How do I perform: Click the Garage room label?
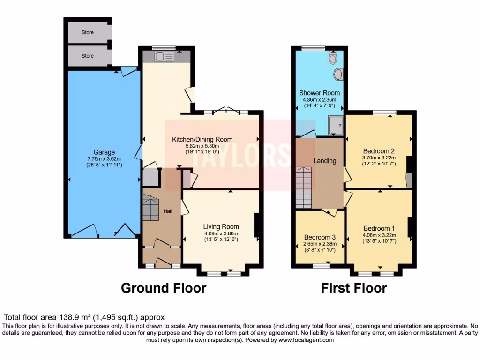tap(104, 152)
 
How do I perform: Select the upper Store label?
tap(88, 32)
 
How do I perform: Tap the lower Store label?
tap(88, 56)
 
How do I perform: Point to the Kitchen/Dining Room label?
tap(202, 139)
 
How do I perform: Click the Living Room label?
tap(221, 226)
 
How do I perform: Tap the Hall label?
tap(167, 211)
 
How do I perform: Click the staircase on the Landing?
tap(304, 187)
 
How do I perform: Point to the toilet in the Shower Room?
tap(333, 58)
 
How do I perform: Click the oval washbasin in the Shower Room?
tap(338, 74)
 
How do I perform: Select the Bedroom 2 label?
tap(379, 151)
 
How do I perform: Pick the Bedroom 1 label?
tap(379, 229)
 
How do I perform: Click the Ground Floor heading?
tap(164, 287)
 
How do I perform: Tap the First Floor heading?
tap(354, 287)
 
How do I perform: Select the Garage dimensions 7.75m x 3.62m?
tap(104, 159)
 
